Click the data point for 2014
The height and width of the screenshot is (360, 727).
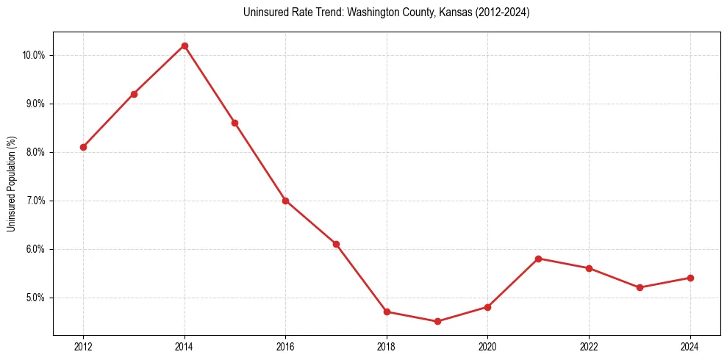coord(185,46)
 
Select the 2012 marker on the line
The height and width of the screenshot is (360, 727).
coord(83,147)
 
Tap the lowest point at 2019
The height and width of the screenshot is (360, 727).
coord(437,321)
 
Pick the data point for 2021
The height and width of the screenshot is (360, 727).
coord(539,259)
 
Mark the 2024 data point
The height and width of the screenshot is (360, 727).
coord(690,278)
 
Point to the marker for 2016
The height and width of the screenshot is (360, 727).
coord(285,201)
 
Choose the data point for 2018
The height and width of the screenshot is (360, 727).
coord(387,312)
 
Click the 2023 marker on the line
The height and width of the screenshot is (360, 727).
coord(640,287)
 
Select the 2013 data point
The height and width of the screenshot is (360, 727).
coord(134,94)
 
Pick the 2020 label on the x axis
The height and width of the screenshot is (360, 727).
coord(488,346)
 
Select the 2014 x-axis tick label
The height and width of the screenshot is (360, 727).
coord(185,346)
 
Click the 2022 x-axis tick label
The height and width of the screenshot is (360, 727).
coord(589,346)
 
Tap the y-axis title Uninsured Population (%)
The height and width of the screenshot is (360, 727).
coord(11,184)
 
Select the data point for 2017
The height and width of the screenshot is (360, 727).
coord(336,244)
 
